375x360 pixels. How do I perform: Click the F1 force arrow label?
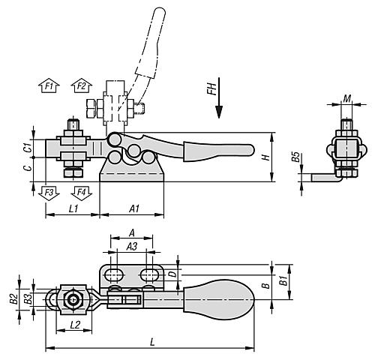(48, 86)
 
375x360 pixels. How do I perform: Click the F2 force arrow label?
(80, 86)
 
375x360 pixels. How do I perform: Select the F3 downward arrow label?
(48, 192)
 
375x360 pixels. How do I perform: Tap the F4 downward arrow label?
(80, 192)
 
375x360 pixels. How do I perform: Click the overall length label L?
(153, 341)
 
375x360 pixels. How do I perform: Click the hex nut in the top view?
(73, 301)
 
